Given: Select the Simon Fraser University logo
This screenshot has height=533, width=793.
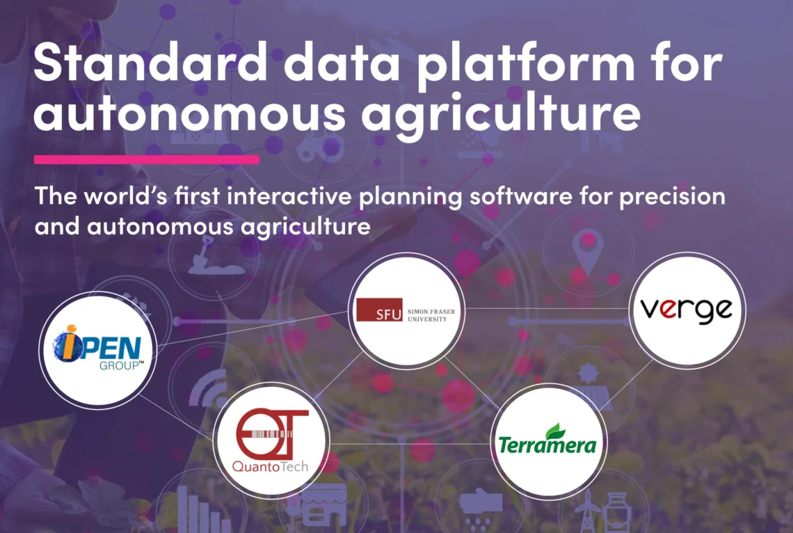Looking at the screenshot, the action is click(x=406, y=310).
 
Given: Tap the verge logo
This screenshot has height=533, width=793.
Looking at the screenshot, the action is click(x=687, y=310).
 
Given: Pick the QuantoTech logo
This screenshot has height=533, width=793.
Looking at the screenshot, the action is click(x=271, y=440).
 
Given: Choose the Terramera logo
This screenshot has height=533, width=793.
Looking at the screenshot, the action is click(x=547, y=439).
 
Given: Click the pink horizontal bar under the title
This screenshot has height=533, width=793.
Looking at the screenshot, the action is click(x=147, y=159).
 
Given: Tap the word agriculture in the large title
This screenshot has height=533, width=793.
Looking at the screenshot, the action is click(x=501, y=112).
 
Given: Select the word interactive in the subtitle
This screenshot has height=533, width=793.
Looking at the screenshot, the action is click(x=289, y=196).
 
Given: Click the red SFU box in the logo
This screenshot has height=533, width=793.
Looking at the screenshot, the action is click(x=379, y=310).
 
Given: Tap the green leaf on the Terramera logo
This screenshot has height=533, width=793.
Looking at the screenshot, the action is click(x=555, y=431).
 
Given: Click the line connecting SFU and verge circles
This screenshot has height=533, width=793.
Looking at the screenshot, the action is click(x=546, y=308).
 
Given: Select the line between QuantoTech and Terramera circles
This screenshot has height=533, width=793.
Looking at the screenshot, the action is click(x=410, y=444).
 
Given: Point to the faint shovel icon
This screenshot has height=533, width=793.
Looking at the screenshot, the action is click(x=211, y=258).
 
